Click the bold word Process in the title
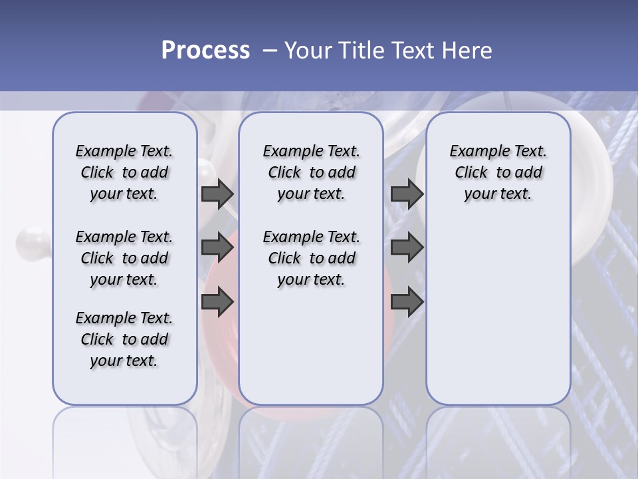205,51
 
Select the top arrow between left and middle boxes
217,194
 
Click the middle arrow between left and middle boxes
217,247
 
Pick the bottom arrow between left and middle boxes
217,301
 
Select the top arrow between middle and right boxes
407,194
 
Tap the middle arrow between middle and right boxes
407,247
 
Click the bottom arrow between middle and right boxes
407,301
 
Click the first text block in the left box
124,172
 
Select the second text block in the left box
124,258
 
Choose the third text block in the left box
124,339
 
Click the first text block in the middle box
311,172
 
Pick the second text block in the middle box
311,258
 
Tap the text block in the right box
498,172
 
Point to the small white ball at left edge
31,239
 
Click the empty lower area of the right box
498,319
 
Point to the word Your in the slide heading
308,51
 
